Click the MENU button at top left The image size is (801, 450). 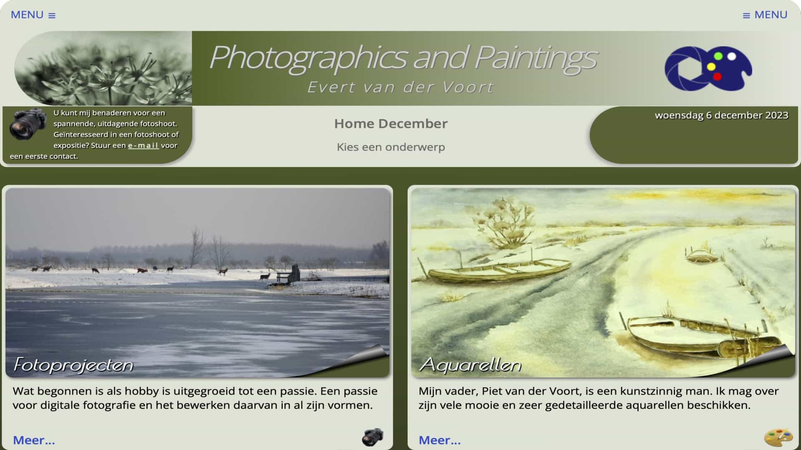(x=33, y=15)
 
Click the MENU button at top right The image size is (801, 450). (x=765, y=15)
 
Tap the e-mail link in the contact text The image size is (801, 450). (x=143, y=145)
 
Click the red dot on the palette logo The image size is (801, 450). (x=717, y=76)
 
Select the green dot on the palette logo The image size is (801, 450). (x=718, y=56)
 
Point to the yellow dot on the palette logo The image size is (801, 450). (x=711, y=67)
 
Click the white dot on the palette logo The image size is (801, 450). (x=731, y=56)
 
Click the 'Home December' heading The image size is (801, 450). (x=390, y=123)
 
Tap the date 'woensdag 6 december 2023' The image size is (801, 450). (x=721, y=115)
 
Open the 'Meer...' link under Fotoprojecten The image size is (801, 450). (x=34, y=440)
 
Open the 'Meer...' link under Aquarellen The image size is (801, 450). (x=440, y=440)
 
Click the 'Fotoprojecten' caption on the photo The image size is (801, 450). (x=73, y=365)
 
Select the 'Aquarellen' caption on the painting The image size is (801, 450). (x=471, y=365)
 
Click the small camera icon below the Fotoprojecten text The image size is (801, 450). (x=372, y=437)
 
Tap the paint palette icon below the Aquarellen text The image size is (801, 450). (x=778, y=437)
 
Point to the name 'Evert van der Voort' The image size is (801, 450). (x=400, y=87)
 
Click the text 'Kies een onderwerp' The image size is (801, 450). (x=390, y=147)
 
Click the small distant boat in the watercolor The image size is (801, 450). (x=702, y=255)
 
